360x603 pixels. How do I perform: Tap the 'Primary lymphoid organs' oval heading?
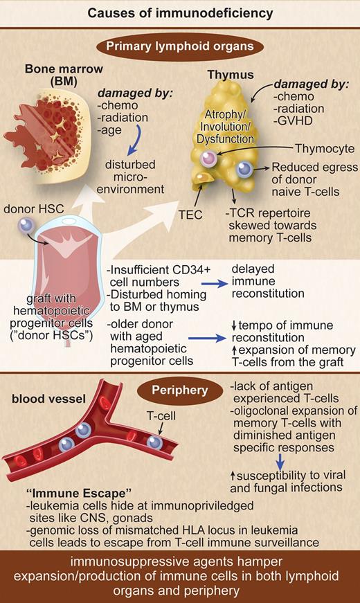click(x=179, y=46)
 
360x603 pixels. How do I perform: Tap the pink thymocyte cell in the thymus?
click(x=210, y=160)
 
